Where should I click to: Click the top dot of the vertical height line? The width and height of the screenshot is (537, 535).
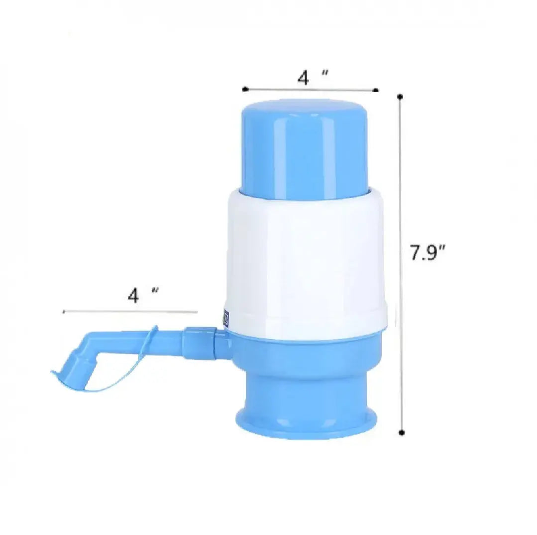point(400,96)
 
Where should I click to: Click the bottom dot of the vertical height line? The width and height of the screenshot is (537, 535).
point(402,432)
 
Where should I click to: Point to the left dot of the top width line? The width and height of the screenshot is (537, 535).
point(245,89)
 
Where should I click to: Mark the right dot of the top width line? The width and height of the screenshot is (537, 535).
point(376,90)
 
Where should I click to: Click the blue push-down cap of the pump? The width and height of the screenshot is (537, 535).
point(305,147)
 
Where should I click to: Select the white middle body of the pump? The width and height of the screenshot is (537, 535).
point(305,259)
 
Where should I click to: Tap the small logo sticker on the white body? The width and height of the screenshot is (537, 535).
point(225,318)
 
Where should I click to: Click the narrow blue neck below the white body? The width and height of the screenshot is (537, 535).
point(305,384)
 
